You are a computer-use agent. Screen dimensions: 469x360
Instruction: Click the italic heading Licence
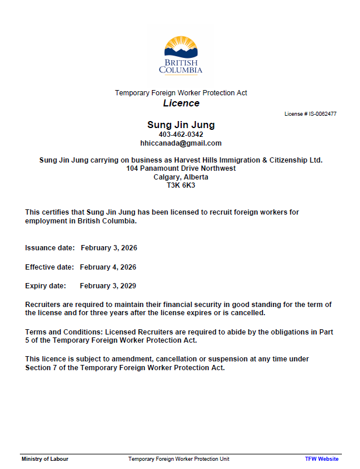[181, 104]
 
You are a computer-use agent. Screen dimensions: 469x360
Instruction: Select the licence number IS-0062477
[319, 114]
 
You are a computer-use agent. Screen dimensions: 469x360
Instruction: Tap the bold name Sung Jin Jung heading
[181, 125]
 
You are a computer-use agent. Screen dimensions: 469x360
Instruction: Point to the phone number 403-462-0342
[181, 135]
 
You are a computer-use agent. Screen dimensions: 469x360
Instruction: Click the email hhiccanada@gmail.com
[181, 143]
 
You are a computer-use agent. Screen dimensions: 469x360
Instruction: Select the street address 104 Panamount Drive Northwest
[181, 168]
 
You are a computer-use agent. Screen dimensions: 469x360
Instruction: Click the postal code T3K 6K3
[181, 185]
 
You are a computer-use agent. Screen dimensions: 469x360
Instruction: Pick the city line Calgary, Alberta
[181, 177]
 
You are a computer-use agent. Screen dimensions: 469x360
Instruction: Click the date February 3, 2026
[109, 248]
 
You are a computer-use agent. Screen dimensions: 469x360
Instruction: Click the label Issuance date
[50, 248]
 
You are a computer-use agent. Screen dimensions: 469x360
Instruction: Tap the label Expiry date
[45, 286]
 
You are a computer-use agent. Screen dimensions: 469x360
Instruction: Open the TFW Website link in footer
[321, 459]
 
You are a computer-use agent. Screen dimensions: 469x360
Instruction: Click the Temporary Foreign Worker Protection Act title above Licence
[181, 93]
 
